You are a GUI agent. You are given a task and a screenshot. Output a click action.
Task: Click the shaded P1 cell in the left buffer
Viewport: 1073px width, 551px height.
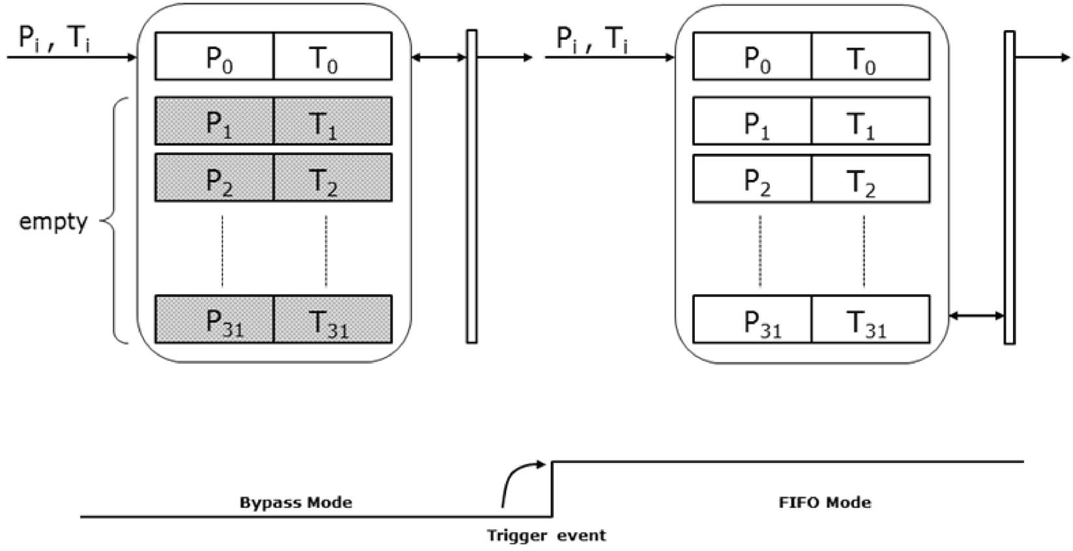click(x=214, y=121)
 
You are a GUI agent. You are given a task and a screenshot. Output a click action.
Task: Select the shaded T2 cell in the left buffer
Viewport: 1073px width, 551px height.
click(x=332, y=178)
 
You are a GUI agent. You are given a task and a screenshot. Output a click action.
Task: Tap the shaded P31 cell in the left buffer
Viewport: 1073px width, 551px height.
click(x=214, y=320)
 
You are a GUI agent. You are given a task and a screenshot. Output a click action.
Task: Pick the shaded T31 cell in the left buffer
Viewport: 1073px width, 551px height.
click(x=332, y=320)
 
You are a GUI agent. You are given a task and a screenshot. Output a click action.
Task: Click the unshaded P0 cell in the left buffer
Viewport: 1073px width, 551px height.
click(x=214, y=57)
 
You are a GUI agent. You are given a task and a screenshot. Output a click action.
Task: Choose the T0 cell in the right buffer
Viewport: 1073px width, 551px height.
click(x=870, y=57)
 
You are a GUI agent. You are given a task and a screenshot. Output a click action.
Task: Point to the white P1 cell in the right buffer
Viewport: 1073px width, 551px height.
click(x=752, y=121)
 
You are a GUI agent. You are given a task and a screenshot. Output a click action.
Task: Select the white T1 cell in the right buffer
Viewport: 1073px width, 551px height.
click(x=870, y=121)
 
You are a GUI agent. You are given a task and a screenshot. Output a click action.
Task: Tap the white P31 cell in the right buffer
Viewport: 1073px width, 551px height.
click(x=752, y=320)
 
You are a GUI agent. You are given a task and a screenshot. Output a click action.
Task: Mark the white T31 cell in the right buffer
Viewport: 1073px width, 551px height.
click(x=870, y=320)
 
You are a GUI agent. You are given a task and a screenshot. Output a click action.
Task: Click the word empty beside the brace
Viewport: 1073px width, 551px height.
click(x=53, y=222)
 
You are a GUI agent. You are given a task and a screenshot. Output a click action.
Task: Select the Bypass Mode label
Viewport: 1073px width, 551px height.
click(x=296, y=503)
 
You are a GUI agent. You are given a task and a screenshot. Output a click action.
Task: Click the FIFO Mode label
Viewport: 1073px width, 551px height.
click(x=825, y=503)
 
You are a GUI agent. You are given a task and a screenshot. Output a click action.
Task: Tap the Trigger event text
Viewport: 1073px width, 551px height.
click(x=546, y=536)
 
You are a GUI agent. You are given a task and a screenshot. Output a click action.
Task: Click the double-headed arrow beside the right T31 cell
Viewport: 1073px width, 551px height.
click(x=976, y=316)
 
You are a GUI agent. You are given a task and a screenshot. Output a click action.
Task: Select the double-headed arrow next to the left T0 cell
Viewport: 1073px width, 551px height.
click(x=439, y=57)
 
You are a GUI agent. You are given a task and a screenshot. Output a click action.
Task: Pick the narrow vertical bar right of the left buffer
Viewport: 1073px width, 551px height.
click(x=471, y=186)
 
